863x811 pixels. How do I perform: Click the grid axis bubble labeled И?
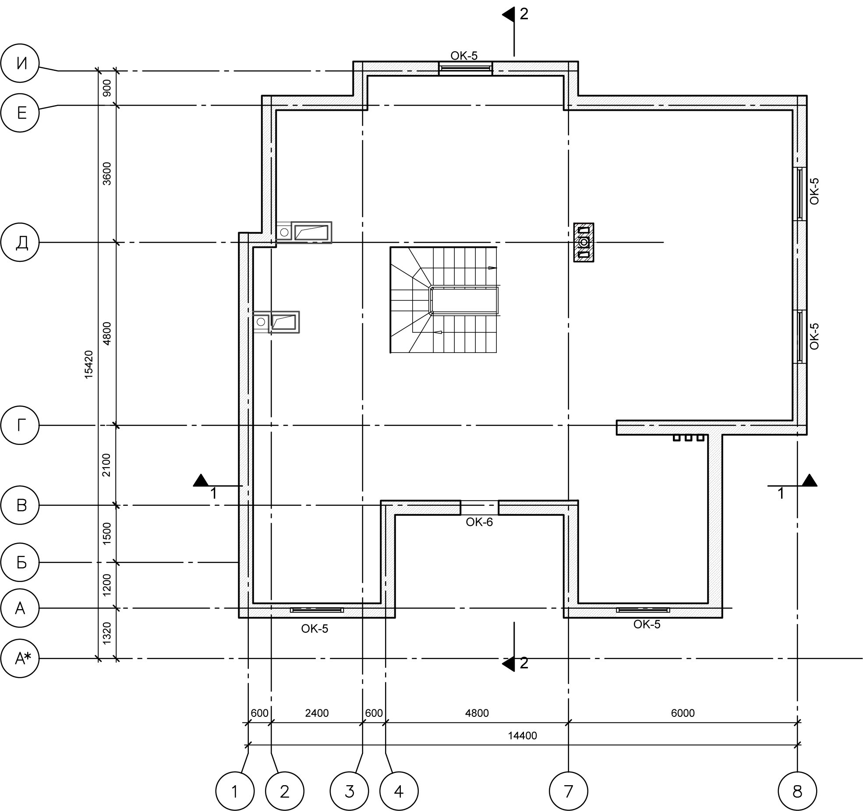tap(20, 63)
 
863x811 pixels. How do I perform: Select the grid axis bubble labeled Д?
tap(20, 242)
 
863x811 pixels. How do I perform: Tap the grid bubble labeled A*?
tap(20, 658)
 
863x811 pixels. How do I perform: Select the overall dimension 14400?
tap(522, 736)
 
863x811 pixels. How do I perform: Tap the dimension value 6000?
tap(683, 713)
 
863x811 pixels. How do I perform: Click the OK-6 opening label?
tap(479, 522)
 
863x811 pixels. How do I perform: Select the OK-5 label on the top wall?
tap(464, 56)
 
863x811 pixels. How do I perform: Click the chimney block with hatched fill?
tap(584, 242)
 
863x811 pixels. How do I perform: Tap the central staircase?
tap(444, 300)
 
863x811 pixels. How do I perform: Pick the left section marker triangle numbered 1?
tap(201, 480)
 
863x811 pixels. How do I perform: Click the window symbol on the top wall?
tap(466, 68)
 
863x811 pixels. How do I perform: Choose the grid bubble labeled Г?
tap(20, 425)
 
